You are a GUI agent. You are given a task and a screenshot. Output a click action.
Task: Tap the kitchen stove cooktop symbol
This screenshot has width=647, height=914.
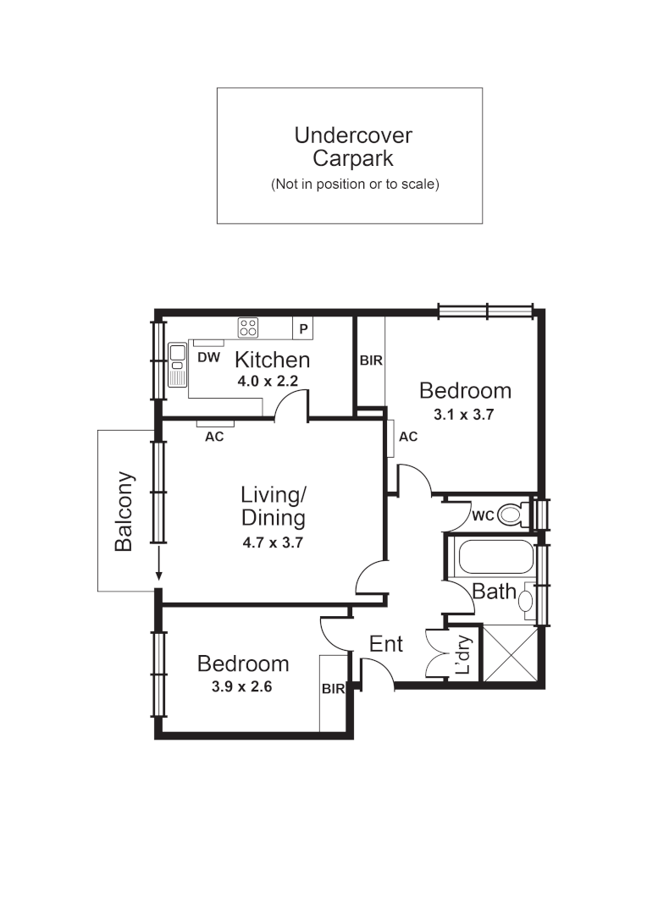pos(248,327)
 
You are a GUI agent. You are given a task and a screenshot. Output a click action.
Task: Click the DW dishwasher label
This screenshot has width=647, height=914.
pos(208,358)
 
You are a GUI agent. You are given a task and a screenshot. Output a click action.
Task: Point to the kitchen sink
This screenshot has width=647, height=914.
pos(178,364)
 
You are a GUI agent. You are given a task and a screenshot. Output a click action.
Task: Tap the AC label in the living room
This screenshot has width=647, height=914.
pos(215,438)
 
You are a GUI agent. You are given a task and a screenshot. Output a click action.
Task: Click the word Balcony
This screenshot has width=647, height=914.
pos(124,511)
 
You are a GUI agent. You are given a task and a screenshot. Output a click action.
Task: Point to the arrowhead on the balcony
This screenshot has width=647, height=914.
pos(158,577)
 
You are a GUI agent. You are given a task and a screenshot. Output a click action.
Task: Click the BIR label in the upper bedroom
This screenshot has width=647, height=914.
pos(371,360)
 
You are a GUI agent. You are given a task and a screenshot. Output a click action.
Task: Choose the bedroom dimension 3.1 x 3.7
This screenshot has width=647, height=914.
pos(464,415)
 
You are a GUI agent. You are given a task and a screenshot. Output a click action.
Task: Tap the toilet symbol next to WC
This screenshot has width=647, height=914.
pos(511,514)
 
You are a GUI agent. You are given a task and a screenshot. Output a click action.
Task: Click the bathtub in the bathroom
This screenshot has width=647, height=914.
pos(495,557)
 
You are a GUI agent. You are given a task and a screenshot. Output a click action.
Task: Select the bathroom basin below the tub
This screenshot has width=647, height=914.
pos(526,601)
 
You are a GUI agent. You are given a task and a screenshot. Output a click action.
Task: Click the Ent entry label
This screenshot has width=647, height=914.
pos(386,644)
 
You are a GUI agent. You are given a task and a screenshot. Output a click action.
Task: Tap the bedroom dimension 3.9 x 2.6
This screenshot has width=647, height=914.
pos(241,686)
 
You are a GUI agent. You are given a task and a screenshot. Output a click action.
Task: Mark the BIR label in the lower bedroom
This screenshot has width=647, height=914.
pos(333,689)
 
